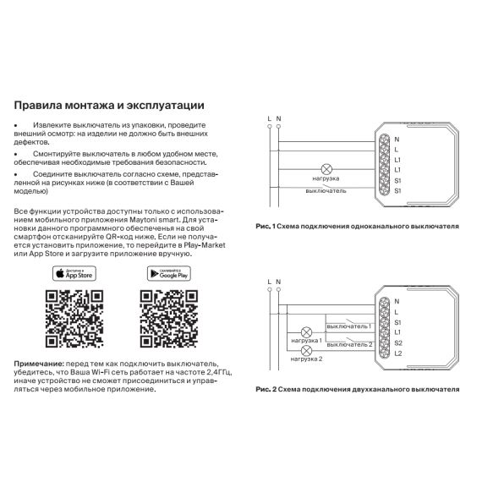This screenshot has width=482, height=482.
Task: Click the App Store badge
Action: (74, 273)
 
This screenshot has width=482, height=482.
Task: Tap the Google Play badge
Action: (169, 273)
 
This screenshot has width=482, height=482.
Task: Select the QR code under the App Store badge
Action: (74, 319)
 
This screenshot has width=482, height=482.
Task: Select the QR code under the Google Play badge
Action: (169, 319)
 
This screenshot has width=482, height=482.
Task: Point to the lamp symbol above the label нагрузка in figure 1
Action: (326, 169)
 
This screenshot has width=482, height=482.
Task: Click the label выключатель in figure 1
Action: (326, 191)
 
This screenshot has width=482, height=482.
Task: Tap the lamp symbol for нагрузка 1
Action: (306, 332)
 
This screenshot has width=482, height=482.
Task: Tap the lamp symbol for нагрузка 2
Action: (306, 351)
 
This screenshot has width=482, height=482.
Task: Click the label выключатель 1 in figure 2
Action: (349, 326)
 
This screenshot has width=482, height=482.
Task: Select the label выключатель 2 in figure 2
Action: (349, 345)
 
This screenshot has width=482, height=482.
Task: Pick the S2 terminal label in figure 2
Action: (398, 343)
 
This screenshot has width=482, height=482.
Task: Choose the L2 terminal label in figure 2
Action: (398, 353)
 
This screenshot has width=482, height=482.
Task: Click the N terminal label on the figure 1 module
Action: (397, 140)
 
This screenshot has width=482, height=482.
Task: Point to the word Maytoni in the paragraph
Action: (142, 220)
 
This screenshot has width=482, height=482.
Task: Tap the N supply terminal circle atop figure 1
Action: (278, 126)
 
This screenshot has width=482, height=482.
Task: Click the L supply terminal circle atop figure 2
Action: (270, 289)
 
